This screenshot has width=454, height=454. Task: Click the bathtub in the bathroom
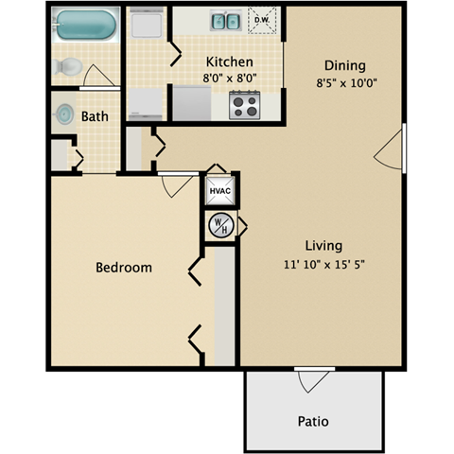click(85, 26)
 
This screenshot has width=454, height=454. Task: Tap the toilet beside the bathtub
click(68, 66)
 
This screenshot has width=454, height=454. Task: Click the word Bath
click(95, 117)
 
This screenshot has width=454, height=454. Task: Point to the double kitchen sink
click(225, 20)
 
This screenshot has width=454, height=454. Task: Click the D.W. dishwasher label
click(260, 16)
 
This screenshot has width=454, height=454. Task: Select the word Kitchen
click(229, 62)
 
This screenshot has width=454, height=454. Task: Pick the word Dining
click(344, 65)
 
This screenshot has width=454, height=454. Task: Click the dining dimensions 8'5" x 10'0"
click(344, 82)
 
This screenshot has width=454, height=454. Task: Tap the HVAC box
click(220, 190)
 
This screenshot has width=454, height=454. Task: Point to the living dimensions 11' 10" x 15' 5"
click(323, 264)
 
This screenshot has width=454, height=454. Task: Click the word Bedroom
click(124, 268)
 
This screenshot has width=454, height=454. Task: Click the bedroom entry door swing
click(175, 185)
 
